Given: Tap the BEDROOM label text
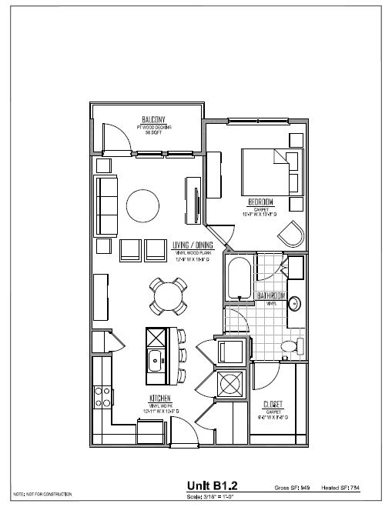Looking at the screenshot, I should click(261, 202).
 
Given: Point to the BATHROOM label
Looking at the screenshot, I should click(272, 296).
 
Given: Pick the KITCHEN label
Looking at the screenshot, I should click(160, 399).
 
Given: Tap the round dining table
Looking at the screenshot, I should click(169, 296).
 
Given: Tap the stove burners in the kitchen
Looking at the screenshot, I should click(101, 396).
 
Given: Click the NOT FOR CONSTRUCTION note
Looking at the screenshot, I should click(42, 492).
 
